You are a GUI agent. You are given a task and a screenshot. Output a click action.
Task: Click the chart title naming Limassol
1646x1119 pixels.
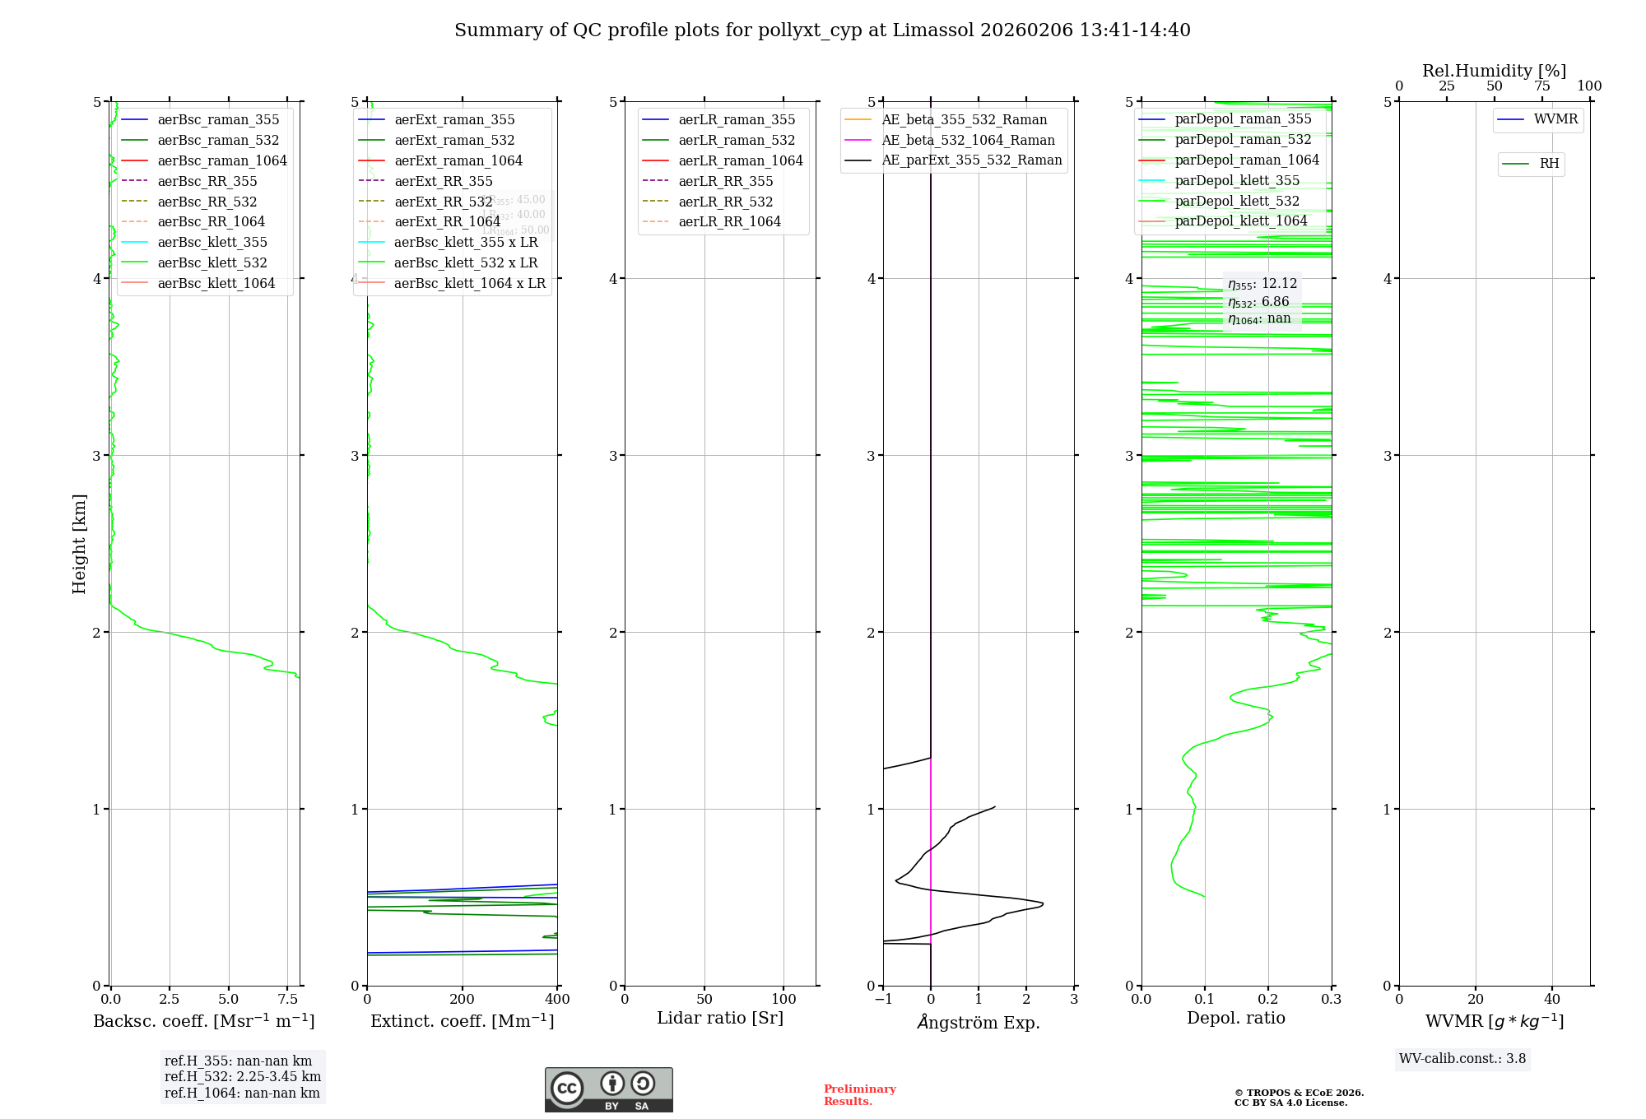[x=822, y=30]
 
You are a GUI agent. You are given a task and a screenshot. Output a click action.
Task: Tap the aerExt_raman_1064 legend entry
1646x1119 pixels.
[x=458, y=160]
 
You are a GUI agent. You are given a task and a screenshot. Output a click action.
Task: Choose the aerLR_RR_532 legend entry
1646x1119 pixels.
[x=725, y=202]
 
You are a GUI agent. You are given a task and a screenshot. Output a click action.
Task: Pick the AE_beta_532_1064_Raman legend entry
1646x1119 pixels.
[x=967, y=140]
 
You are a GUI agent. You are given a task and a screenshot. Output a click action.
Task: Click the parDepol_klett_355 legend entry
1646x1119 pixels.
[x=1237, y=180]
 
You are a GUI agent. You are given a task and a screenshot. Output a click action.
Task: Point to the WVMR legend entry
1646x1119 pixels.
[x=1555, y=119]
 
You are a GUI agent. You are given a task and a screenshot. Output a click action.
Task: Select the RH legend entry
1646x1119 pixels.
[x=1548, y=164]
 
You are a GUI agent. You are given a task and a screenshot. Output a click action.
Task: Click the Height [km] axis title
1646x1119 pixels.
[x=79, y=544]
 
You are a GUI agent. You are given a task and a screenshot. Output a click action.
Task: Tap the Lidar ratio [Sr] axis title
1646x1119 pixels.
[x=720, y=1018]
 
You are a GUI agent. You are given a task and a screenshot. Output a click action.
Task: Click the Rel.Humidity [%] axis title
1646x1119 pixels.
[x=1494, y=71]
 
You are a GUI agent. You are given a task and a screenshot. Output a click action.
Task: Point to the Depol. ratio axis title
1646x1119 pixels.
[x=1235, y=1018]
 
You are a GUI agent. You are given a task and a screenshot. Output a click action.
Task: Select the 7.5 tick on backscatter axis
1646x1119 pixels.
[x=287, y=999]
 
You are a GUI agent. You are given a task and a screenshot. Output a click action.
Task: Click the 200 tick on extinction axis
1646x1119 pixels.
[x=463, y=999]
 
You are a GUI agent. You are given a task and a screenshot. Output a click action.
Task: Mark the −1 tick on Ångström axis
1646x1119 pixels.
[x=883, y=999]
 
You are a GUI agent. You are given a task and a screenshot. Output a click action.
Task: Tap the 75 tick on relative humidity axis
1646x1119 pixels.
[x=1541, y=86]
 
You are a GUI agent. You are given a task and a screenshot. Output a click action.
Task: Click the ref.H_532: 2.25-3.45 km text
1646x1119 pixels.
[x=243, y=1077]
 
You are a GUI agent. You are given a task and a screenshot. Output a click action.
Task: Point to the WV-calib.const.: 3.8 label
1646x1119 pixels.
[x=1462, y=1059]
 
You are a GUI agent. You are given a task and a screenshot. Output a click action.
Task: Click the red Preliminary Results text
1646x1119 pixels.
[x=859, y=1095]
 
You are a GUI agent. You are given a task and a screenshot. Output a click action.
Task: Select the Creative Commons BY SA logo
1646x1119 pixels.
[x=608, y=1090]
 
